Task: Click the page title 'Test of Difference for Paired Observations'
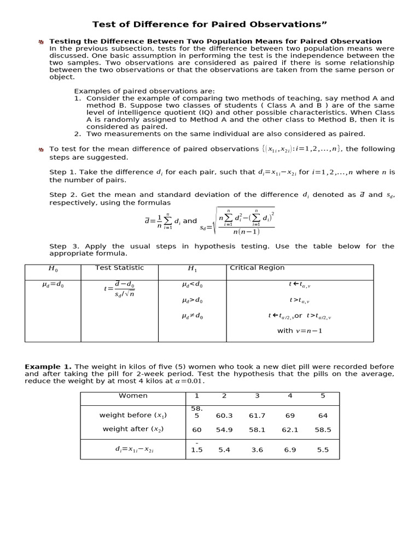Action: tap(209, 24)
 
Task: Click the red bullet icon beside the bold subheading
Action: tap(40, 42)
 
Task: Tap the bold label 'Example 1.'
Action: tap(48, 366)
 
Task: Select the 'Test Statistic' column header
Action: tap(119, 268)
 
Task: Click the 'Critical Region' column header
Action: tap(257, 268)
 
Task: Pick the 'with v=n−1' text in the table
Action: tap(300, 331)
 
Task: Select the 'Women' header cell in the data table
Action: tap(133, 395)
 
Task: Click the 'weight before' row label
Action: tap(133, 416)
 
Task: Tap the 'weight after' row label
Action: tap(133, 429)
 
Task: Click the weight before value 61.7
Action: tap(257, 416)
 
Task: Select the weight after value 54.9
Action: tap(224, 430)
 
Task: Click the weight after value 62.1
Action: tap(290, 430)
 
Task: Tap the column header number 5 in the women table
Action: tap(323, 395)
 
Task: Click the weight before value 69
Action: tap(290, 416)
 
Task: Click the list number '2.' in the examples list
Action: tap(78, 134)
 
